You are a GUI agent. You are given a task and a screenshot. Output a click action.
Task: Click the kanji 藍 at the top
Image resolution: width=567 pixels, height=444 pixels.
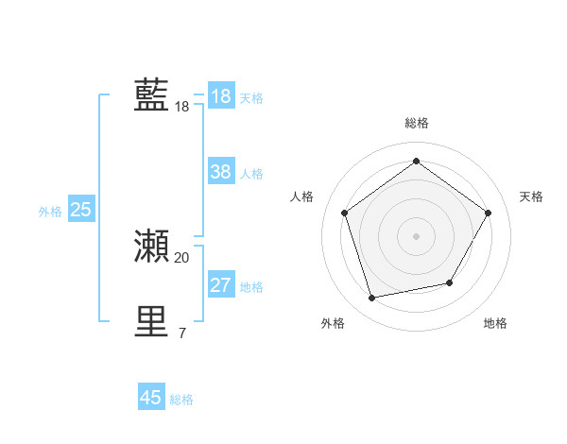click(x=151, y=95)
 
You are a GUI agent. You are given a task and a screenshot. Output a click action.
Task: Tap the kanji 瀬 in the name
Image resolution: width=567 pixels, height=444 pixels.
click(x=151, y=246)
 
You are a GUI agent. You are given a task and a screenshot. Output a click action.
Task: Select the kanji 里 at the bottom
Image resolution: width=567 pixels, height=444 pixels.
click(x=151, y=321)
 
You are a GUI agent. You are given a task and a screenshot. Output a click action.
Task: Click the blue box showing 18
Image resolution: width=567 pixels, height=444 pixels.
click(x=220, y=96)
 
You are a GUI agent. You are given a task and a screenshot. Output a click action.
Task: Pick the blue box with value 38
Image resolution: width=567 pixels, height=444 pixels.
click(x=220, y=172)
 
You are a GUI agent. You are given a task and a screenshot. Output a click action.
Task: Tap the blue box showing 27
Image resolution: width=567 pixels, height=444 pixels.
click(x=220, y=285)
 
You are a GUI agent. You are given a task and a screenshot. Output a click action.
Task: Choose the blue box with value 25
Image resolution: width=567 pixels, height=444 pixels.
click(x=80, y=210)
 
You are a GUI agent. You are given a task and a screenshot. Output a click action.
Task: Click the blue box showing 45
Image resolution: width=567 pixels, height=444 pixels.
click(x=151, y=398)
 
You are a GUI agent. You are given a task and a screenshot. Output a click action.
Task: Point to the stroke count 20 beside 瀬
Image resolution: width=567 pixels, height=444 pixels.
click(x=181, y=258)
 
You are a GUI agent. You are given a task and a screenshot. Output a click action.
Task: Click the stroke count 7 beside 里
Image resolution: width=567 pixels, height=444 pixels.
click(x=181, y=333)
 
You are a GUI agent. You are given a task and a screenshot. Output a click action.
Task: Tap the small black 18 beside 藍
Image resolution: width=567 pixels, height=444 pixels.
click(x=181, y=107)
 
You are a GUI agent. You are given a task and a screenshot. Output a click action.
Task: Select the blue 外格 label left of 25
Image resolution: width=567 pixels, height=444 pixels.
click(x=50, y=212)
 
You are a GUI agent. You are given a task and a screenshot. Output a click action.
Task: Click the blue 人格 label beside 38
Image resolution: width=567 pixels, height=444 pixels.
click(x=251, y=174)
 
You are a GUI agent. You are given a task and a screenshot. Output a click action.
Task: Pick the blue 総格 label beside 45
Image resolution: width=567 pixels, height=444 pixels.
click(x=181, y=400)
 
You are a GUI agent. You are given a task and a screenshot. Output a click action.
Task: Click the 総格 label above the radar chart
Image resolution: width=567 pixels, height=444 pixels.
click(x=416, y=123)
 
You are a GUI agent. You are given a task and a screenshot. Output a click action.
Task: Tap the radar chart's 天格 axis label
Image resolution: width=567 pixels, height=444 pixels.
click(x=531, y=196)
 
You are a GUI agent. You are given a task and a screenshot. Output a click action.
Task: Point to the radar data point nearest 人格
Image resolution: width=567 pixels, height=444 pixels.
click(x=344, y=213)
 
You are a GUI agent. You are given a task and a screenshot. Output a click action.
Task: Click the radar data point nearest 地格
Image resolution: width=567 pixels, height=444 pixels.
click(x=450, y=282)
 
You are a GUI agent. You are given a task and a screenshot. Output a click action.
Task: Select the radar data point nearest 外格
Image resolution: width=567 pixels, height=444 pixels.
click(x=372, y=299)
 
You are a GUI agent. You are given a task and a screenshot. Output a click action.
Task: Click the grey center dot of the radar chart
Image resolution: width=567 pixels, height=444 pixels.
click(x=416, y=235)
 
